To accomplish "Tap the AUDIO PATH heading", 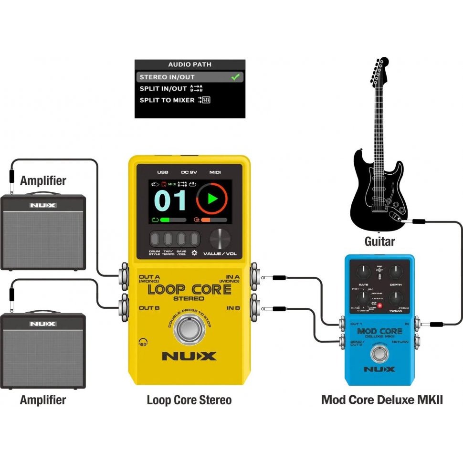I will click(189, 64).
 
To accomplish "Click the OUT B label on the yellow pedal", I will click(149, 308).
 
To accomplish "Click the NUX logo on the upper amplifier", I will click(43, 205).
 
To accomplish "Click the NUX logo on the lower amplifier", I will click(43, 324).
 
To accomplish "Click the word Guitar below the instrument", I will click(380, 242).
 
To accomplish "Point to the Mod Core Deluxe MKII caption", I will click(382, 400).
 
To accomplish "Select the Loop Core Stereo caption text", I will click(189, 400).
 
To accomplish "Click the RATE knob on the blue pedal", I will click(364, 272).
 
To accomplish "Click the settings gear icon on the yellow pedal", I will click(194, 253).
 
